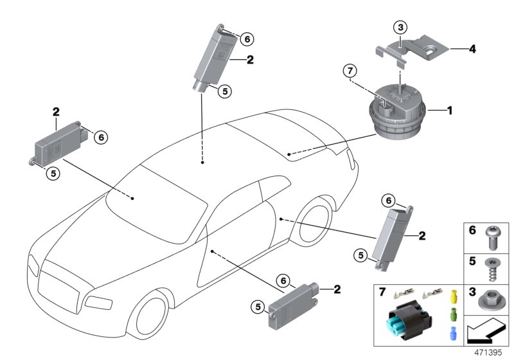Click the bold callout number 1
coord(450,111)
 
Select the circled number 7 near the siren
coord(349,69)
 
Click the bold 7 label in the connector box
coord(382,293)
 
